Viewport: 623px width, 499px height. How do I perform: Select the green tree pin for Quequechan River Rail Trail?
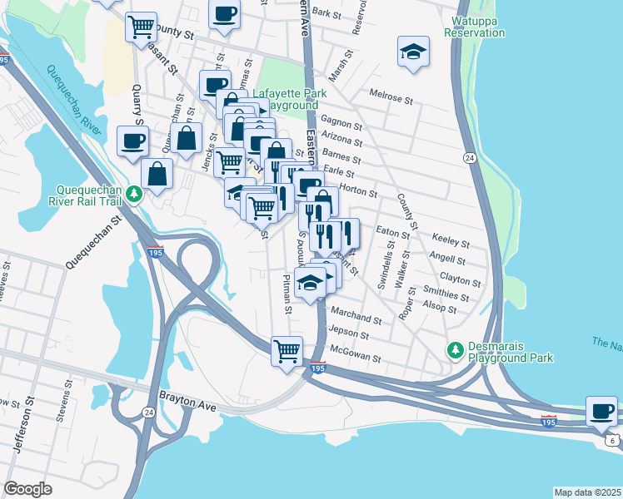coord(134,194)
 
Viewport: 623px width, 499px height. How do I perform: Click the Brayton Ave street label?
coord(187,402)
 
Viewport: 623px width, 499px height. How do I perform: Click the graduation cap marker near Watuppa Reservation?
coord(413,52)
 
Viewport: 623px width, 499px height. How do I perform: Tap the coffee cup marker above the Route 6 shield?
coord(601,410)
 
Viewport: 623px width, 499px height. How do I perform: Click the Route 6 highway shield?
coord(613,441)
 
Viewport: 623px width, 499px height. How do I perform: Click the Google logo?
coord(28,489)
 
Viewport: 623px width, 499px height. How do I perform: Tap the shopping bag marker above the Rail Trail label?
coord(157,175)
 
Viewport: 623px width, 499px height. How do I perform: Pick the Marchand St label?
coord(356,317)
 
